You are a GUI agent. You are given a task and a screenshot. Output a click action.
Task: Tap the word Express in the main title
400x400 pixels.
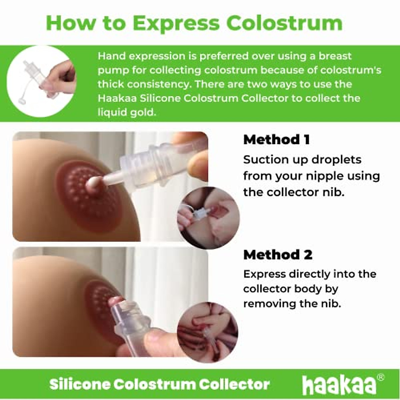pyautogui.click(x=176, y=23)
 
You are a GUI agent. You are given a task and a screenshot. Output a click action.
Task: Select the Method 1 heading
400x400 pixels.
pyautogui.click(x=276, y=139)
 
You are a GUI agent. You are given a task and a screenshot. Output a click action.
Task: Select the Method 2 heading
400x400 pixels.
pyautogui.click(x=278, y=255)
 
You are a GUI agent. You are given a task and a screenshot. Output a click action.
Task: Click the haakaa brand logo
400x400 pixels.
pyautogui.click(x=339, y=385)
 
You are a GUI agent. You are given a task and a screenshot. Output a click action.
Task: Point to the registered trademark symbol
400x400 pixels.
pyautogui.click(x=380, y=377)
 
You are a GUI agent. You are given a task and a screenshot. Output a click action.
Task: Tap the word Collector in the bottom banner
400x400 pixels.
pyautogui.click(x=234, y=384)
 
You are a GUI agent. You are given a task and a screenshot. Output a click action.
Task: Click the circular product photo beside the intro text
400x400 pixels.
pyautogui.click(x=41, y=81)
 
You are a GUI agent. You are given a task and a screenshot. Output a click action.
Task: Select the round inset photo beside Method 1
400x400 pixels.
pyautogui.click(x=208, y=218)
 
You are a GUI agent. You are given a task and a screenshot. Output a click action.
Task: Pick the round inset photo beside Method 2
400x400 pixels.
pyautogui.click(x=207, y=332)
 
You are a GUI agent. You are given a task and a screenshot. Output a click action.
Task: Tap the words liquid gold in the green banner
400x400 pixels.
pyautogui.click(x=127, y=112)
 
